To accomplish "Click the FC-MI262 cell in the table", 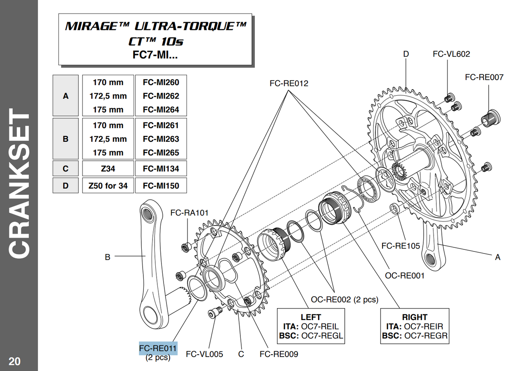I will point(161,96).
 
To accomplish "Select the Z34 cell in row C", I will point(108,168).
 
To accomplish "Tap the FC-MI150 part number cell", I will point(161,186).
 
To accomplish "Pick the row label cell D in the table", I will point(65,186).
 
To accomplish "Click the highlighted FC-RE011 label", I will point(158,348).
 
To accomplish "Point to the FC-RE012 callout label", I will point(289,83).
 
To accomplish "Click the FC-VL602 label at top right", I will point(451,54).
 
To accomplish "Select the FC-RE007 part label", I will point(484,77).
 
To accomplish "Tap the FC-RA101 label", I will point(189,212).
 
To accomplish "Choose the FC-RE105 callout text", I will point(401,246).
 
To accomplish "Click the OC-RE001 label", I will point(405,276).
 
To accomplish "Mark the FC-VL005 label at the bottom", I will point(205,354).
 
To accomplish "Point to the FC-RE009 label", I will point(279,354).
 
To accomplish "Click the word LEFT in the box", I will point(311,317).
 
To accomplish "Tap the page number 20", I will point(14,362).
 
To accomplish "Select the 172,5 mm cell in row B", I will point(108,139).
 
